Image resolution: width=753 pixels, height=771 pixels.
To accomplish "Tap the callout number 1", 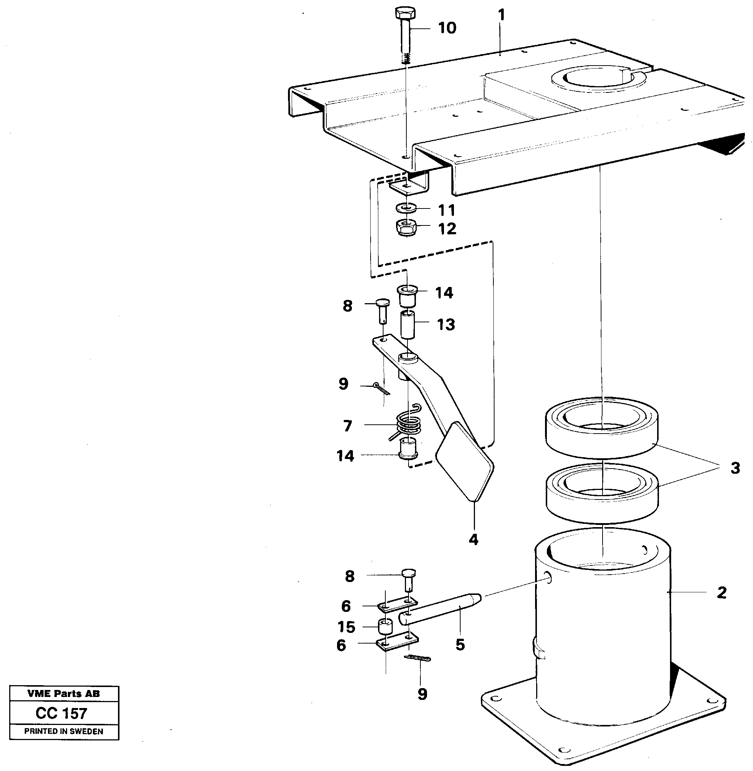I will coord(502,15).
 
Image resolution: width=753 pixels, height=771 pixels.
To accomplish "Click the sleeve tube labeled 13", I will coord(408,325).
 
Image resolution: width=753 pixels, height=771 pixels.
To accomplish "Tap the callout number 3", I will coord(735,468).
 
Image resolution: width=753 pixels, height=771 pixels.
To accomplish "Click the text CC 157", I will coord(61,713).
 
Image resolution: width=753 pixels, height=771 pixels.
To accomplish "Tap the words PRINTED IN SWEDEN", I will coord(64,731).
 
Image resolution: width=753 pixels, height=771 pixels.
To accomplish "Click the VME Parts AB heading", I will coord(64,693).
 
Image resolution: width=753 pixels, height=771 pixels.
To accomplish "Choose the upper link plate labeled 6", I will coord(397,605).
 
